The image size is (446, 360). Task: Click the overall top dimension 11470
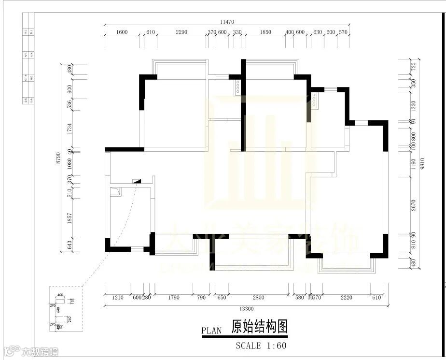pos(227,22)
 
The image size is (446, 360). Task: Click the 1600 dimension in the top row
pos(122,32)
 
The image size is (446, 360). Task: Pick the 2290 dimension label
pos(181,32)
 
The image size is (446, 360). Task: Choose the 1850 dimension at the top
pos(265,32)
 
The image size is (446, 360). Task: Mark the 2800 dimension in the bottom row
pos(258,298)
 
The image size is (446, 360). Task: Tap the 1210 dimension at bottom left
pos(118,298)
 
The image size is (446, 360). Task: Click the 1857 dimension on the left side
pos(70,219)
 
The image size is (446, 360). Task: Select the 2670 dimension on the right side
pos(413,205)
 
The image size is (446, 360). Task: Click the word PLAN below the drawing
pos(211,331)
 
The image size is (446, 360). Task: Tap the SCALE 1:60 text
pos(261,346)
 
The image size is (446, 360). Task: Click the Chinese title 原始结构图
pos(260,327)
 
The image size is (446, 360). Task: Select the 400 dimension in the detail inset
pos(60,295)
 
